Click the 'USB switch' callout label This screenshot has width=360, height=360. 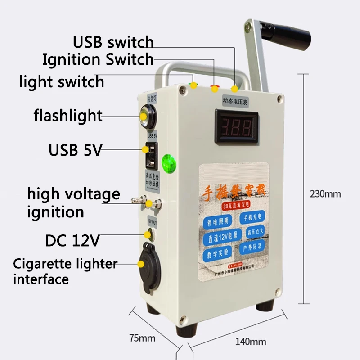click(x=113, y=42)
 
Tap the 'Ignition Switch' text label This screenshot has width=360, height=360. click(x=98, y=59)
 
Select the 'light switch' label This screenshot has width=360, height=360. click(x=62, y=82)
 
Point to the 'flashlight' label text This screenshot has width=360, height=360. click(x=68, y=116)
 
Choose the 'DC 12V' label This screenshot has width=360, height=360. click(x=72, y=241)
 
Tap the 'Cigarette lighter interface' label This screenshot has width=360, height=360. click(x=65, y=271)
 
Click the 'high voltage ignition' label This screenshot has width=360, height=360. click(x=73, y=203)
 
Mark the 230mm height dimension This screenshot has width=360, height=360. click(x=325, y=194)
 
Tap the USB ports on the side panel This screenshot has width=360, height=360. click(x=149, y=155)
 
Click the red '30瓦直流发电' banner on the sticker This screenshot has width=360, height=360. click(x=234, y=206)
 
